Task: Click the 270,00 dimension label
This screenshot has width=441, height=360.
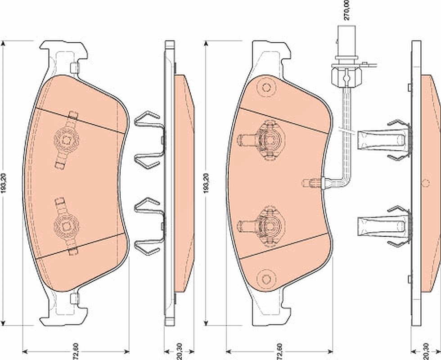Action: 347,10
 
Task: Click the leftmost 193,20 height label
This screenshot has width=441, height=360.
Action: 4,183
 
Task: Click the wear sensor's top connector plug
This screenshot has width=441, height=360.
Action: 346,42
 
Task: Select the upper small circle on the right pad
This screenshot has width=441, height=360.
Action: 266,87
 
